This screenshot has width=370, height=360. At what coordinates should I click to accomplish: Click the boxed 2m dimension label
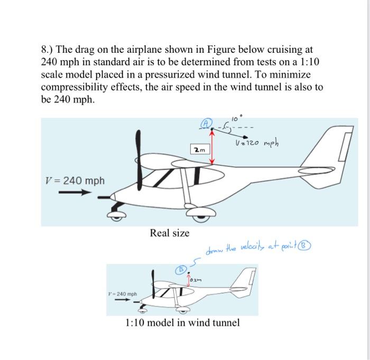click(x=199, y=150)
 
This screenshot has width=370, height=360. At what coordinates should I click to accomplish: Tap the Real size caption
click(x=170, y=232)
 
